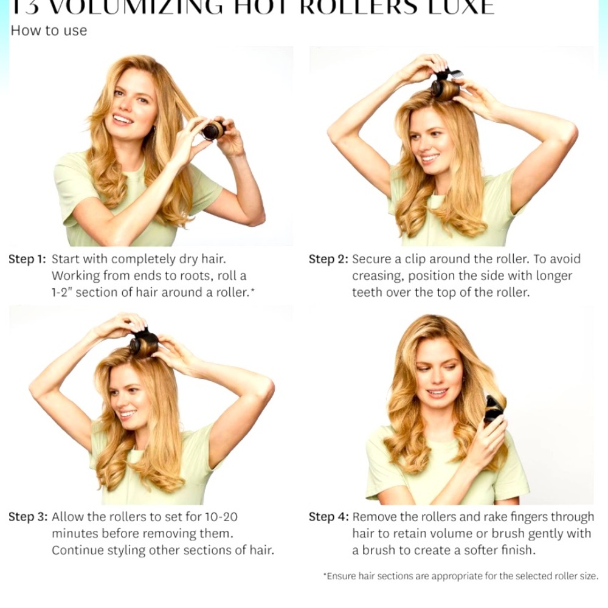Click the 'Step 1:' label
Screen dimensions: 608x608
pos(27,259)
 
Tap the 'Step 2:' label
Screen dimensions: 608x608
pos(328,259)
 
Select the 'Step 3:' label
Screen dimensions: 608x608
pos(27,517)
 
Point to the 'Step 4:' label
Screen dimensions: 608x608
pos(328,517)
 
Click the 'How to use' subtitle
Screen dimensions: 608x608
pos(49,30)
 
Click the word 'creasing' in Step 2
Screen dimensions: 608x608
pos(378,276)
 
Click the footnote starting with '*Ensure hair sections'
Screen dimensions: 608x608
pos(460,576)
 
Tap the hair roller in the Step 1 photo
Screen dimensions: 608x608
pos(213,130)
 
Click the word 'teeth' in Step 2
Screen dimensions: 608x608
pos(366,292)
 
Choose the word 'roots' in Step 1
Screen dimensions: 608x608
pos(182,276)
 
